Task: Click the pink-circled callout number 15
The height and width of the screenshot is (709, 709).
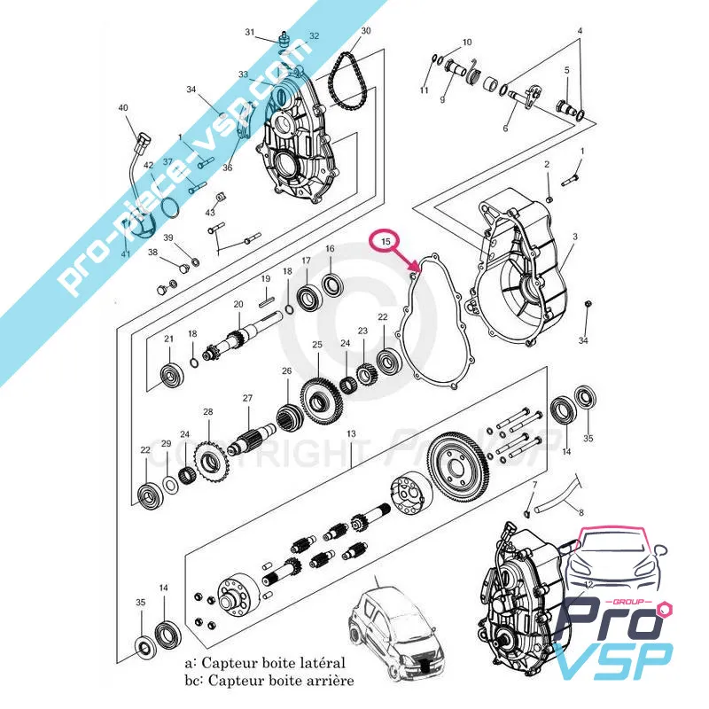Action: [386, 241]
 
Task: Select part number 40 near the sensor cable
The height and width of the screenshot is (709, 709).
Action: [123, 109]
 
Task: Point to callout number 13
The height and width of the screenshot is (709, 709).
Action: [351, 434]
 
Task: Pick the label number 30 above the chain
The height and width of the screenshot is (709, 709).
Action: [366, 31]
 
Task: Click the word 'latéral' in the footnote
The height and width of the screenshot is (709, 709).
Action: [320, 663]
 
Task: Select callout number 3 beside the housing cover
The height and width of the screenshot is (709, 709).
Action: [574, 237]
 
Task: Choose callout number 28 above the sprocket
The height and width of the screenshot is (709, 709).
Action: [208, 412]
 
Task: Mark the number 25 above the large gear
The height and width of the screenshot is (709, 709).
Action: [316, 345]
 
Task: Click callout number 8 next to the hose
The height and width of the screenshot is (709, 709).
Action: [580, 512]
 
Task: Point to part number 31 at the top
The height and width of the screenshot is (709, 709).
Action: [250, 33]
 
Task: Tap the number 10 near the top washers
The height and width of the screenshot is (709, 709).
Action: [467, 43]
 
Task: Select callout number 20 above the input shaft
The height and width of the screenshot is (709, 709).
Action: [238, 305]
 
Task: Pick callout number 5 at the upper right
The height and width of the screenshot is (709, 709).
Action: [566, 71]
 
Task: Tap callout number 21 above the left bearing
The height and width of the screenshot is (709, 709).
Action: [168, 340]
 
